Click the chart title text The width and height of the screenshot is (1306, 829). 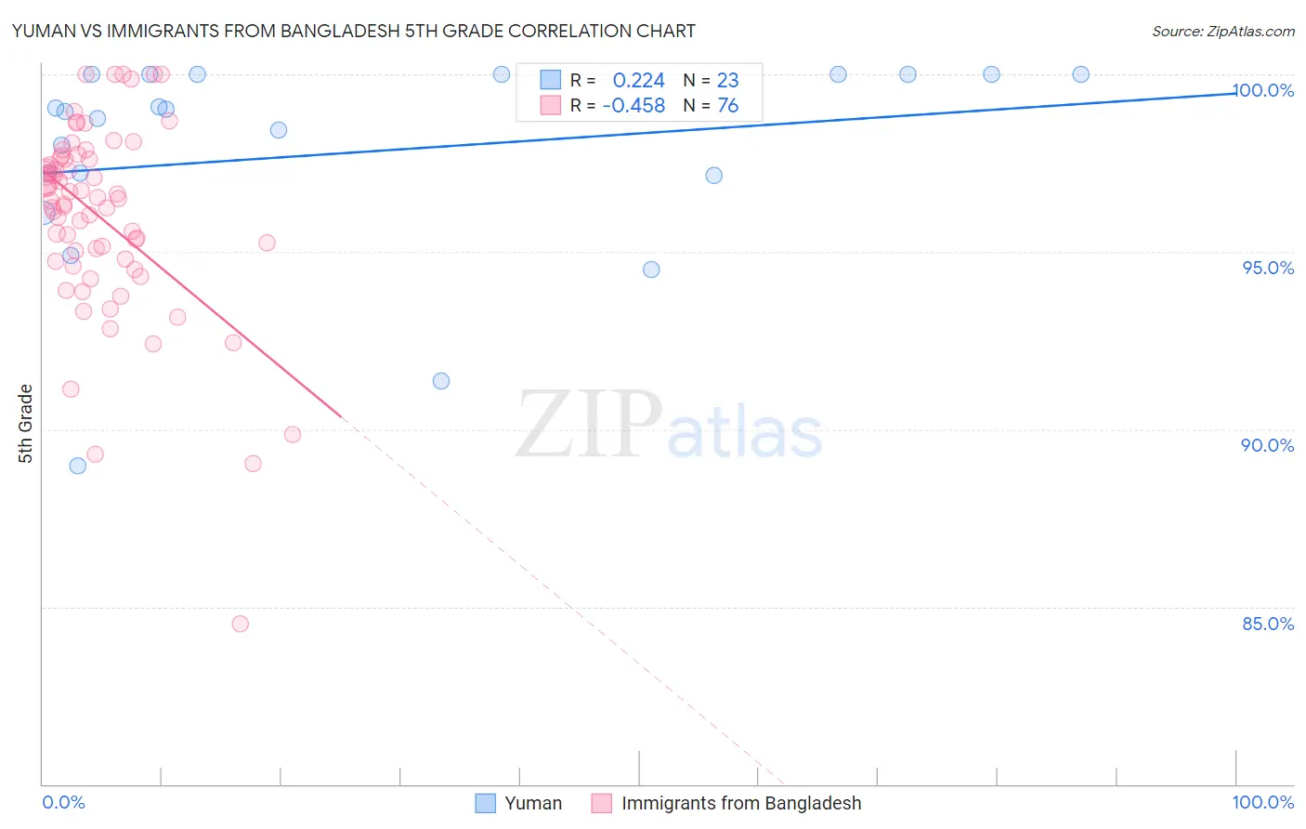[353, 31]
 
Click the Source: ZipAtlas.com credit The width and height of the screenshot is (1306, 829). [1222, 31]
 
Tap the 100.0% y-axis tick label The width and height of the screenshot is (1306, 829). [1264, 90]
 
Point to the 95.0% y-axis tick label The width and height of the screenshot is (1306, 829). [1268, 268]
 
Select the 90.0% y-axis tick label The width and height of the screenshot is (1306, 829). [1268, 445]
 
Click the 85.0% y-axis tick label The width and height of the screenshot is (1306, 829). [1268, 624]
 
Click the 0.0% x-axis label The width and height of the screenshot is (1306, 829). [63, 802]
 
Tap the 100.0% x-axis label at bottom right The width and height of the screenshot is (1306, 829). [1262, 802]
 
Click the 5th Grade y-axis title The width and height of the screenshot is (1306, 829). [25, 423]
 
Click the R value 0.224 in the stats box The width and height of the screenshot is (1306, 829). [638, 81]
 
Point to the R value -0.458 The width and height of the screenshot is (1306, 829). [633, 106]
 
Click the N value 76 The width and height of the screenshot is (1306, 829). [727, 106]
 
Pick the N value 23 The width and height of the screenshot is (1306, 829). [727, 81]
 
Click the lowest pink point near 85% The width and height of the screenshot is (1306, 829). [241, 624]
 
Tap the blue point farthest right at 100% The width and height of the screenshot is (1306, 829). [1080, 74]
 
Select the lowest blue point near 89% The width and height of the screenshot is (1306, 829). [78, 466]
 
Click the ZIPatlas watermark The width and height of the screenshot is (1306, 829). [669, 424]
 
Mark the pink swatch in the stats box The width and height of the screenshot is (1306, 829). [551, 105]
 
